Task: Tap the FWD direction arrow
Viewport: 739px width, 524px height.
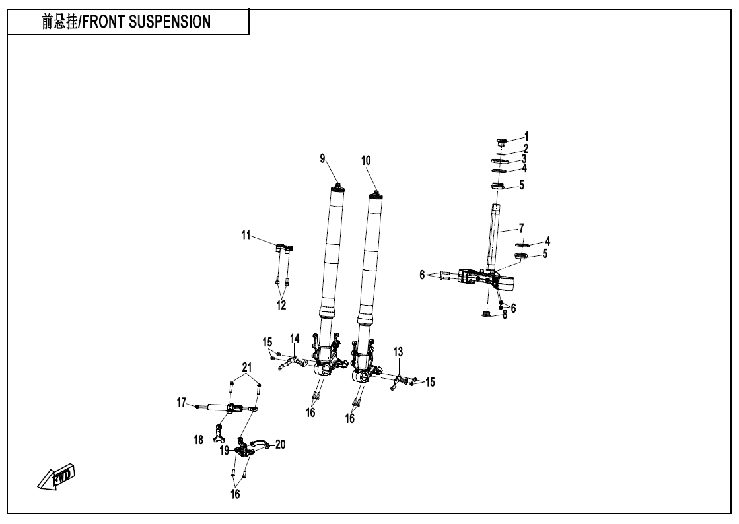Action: (56, 475)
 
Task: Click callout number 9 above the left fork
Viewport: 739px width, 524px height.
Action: (323, 158)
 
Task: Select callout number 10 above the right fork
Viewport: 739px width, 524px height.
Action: (367, 160)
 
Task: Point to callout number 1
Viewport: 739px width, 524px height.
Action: (526, 136)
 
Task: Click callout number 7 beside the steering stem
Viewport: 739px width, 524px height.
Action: (522, 227)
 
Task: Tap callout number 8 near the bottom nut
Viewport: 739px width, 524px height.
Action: (505, 315)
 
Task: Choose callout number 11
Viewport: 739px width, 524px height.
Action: (246, 234)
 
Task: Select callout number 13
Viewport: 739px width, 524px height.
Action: (398, 352)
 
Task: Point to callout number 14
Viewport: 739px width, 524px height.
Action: (295, 339)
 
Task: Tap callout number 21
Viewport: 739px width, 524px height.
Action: (246, 367)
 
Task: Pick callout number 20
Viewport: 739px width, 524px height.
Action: (280, 445)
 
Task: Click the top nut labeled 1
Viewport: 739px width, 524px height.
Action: (501, 141)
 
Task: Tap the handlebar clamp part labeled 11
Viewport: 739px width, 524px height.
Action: (284, 248)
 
